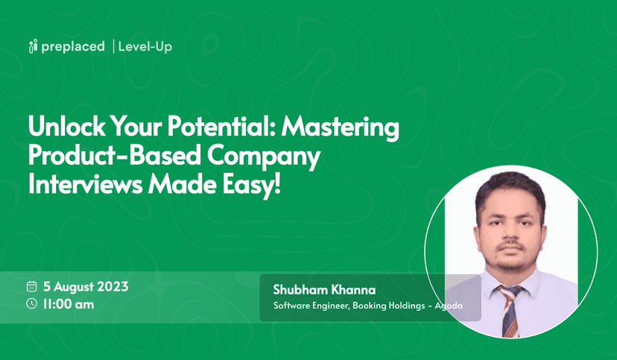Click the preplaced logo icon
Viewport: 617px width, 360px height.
32,48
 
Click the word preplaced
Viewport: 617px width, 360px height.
73,48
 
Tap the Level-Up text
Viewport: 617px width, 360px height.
145,48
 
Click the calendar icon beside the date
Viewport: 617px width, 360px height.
32,286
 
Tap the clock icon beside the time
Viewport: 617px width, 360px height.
32,303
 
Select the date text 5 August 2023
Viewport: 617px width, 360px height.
86,286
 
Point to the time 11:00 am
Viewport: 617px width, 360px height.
69,303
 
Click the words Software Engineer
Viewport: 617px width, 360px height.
308,306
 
